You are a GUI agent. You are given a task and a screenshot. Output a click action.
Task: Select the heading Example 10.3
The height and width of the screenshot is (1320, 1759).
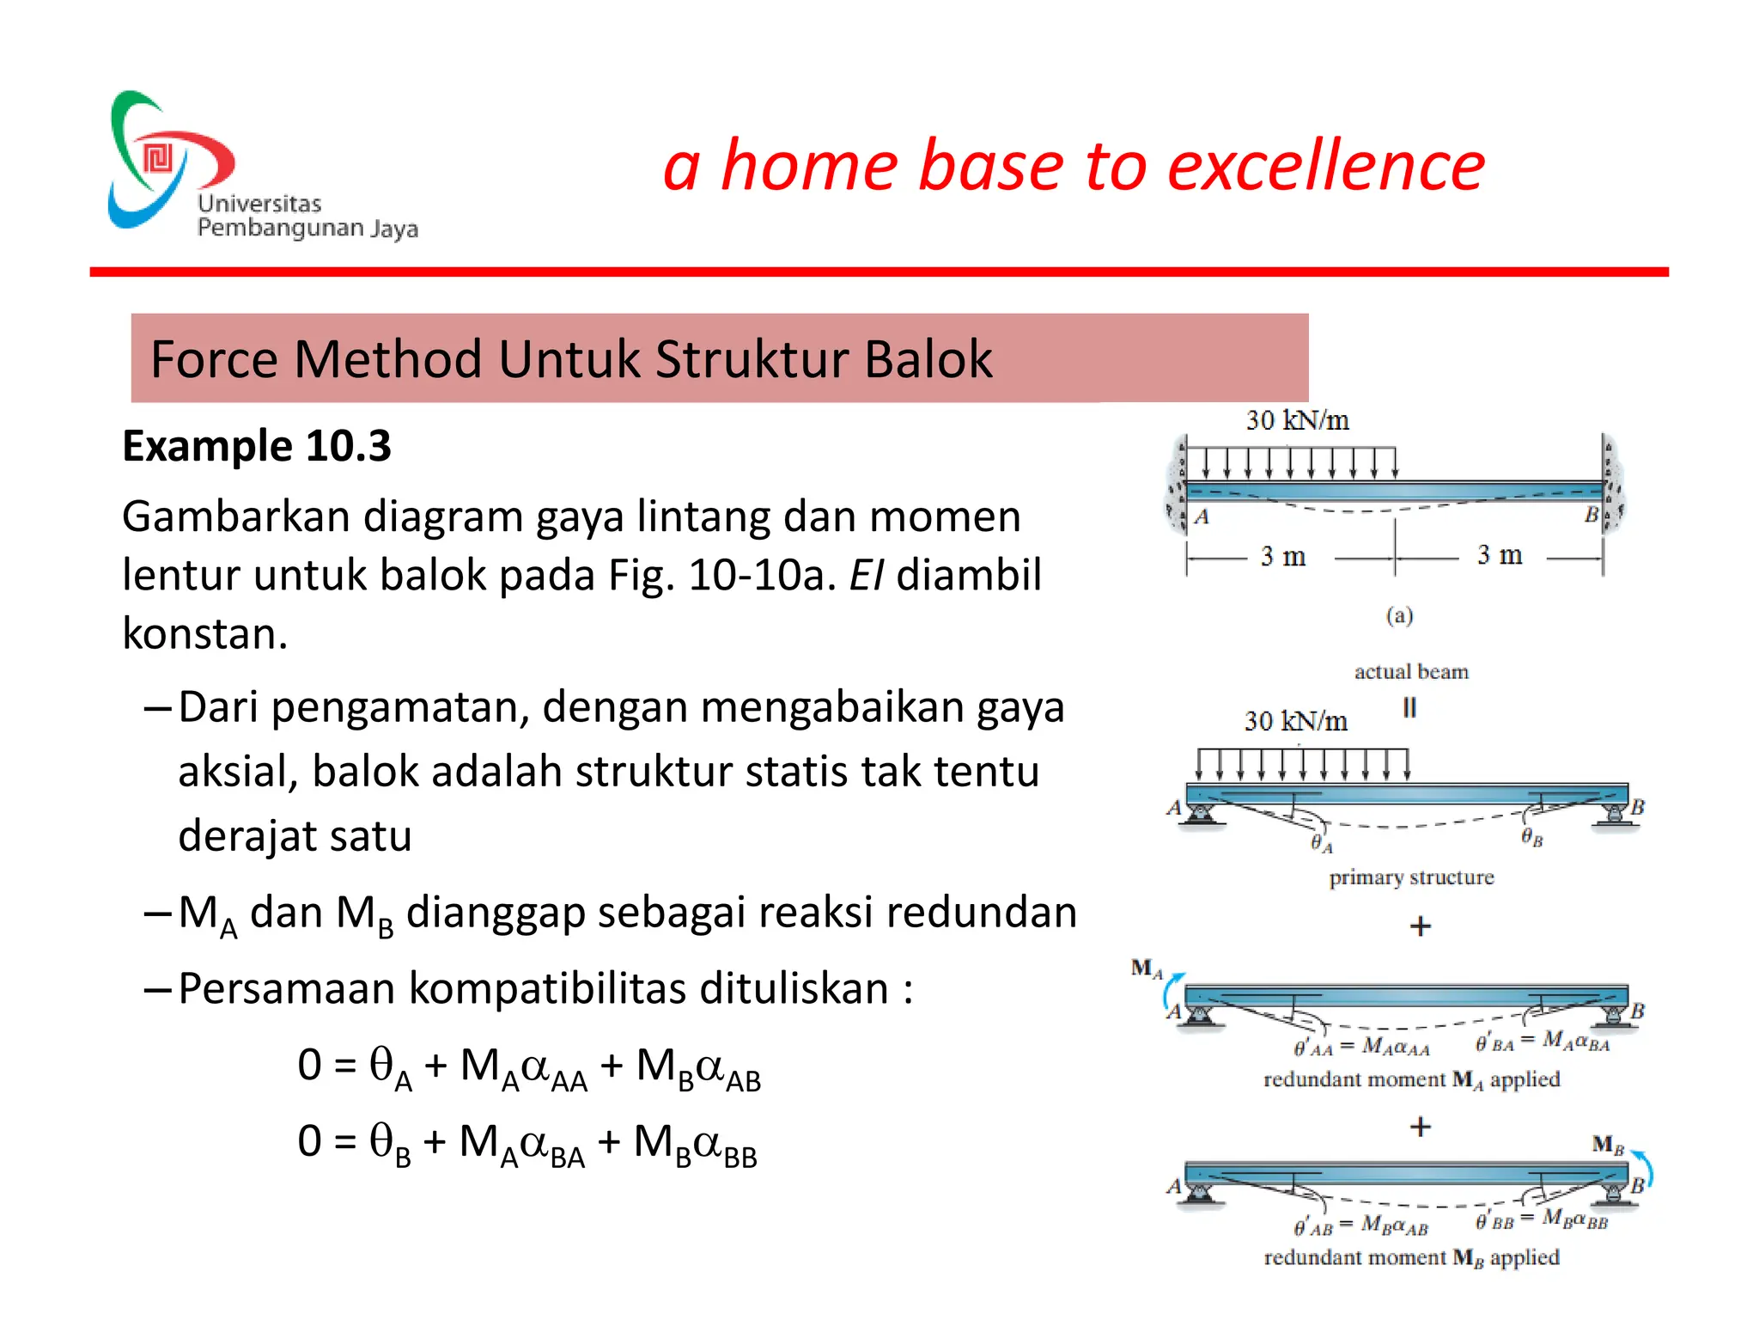click(x=257, y=446)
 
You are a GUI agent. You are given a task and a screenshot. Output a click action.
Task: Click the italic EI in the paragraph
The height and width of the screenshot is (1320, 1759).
click(x=866, y=575)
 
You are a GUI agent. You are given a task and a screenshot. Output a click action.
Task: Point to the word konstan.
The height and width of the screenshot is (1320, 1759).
click(x=204, y=634)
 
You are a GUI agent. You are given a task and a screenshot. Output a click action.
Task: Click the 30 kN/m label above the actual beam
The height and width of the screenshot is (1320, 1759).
click(x=1297, y=420)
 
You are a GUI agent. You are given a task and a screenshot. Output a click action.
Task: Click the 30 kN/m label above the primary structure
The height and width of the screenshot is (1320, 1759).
click(x=1295, y=721)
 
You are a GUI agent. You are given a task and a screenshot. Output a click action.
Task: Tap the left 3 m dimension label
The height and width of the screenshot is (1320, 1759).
click(x=1282, y=556)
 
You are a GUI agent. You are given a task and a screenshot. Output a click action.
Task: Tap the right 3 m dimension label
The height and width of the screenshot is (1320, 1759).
click(x=1499, y=555)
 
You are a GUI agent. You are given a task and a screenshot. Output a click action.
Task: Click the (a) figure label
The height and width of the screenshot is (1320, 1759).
click(x=1399, y=615)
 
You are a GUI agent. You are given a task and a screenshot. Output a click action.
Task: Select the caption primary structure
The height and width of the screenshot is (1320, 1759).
click(x=1411, y=877)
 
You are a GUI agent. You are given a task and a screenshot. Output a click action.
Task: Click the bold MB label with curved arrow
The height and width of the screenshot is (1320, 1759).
click(x=1608, y=1145)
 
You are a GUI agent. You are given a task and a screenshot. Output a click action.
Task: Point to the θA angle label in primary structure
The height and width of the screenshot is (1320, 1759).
click(x=1321, y=844)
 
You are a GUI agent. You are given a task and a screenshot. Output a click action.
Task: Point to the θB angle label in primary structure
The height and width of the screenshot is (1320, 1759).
click(x=1531, y=837)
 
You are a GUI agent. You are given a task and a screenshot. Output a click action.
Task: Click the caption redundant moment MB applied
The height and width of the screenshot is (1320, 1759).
click(x=1411, y=1258)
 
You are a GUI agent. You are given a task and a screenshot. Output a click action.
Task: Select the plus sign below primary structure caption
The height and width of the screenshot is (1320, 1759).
click(x=1421, y=926)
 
